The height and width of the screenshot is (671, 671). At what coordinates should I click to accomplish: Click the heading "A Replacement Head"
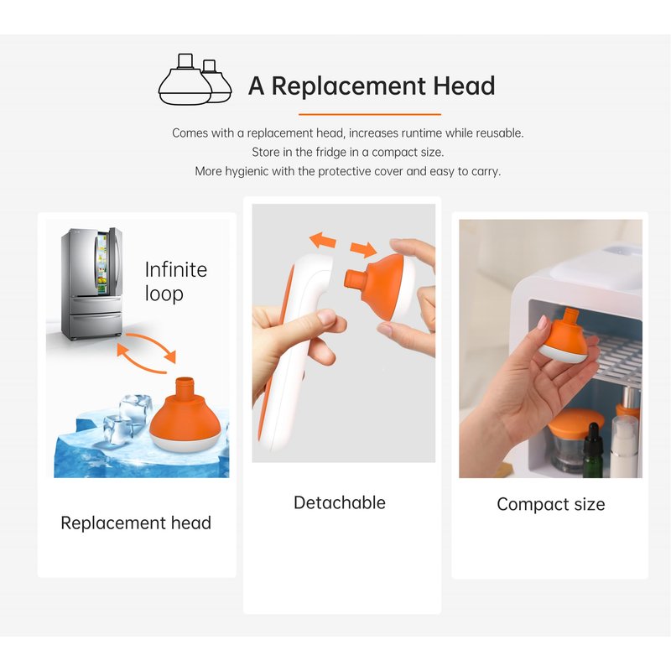coord(372,86)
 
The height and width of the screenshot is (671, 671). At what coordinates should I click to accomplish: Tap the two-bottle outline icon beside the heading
coord(195,80)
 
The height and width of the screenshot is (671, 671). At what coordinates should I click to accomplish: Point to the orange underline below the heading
coord(370,114)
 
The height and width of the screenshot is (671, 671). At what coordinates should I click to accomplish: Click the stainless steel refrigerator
coord(92,283)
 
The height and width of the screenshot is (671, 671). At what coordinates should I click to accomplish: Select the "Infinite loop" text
coord(176,282)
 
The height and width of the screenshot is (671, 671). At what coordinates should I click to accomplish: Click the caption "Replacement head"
coord(136,523)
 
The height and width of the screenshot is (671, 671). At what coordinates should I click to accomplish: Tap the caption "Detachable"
coord(340,502)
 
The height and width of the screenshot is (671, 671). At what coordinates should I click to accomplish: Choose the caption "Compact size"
coord(551,504)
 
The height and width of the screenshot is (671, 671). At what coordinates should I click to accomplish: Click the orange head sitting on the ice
coord(185,415)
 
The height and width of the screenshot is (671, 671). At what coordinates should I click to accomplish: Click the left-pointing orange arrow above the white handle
coord(323,240)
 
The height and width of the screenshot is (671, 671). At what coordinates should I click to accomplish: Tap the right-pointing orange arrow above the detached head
coord(363,248)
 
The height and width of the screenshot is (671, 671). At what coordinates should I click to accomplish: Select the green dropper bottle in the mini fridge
coord(593,450)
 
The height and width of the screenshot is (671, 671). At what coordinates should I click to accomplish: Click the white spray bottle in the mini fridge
coord(624,445)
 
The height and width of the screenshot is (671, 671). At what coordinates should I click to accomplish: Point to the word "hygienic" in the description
coord(247,172)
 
